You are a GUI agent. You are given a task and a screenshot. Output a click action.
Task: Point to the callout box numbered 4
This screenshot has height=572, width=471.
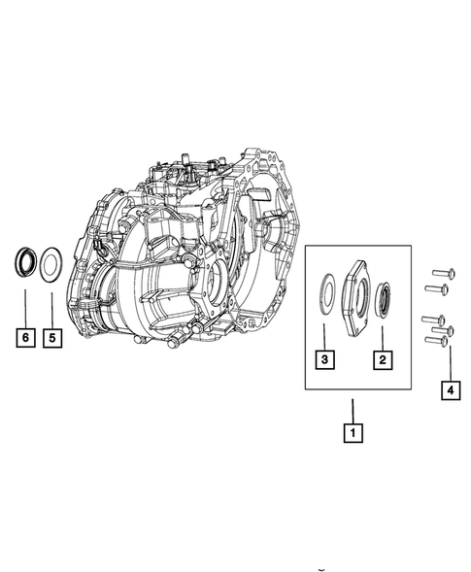[448, 390]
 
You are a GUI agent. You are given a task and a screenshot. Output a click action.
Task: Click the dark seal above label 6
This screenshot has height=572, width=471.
[25, 262]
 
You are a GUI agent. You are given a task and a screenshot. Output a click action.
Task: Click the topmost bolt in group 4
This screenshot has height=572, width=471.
[436, 276]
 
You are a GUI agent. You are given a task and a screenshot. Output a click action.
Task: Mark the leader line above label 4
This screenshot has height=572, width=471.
[448, 364]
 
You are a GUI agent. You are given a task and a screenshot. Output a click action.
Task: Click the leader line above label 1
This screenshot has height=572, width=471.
[353, 407]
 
